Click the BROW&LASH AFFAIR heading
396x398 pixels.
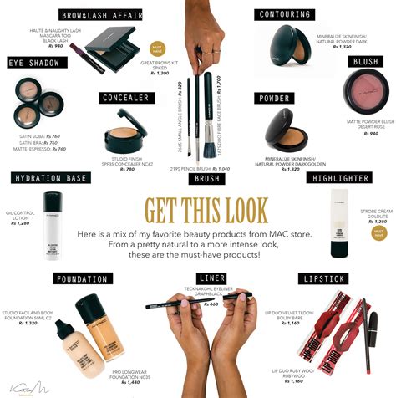click(x=100, y=14)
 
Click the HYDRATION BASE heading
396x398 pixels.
click(x=48, y=178)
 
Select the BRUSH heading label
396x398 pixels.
click(x=206, y=178)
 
